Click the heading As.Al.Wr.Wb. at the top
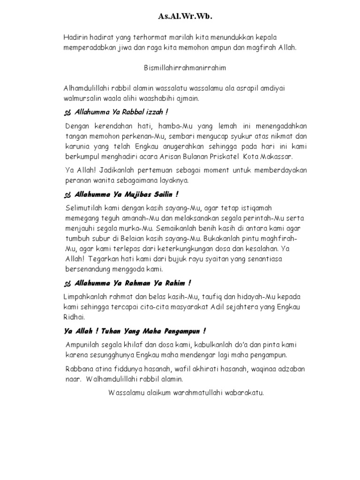click(x=184, y=17)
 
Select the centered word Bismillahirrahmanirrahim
click(x=185, y=68)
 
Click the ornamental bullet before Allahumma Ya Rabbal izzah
click(x=67, y=113)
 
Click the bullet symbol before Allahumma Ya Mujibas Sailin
click(x=67, y=194)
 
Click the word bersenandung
click(x=88, y=270)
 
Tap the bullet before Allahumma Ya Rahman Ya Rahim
click(x=67, y=283)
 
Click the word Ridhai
click(x=74, y=317)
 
